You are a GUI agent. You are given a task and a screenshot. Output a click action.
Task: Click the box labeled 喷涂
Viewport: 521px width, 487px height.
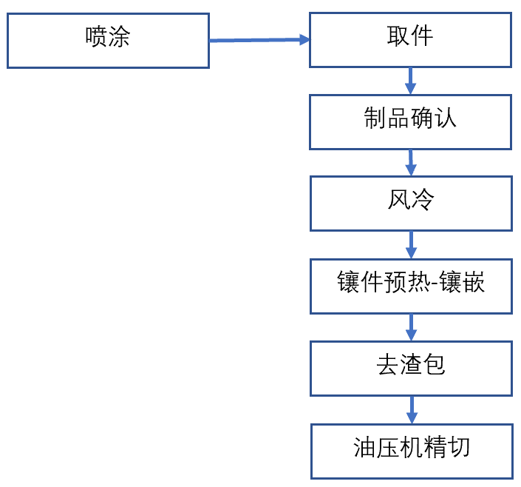coord(108,41)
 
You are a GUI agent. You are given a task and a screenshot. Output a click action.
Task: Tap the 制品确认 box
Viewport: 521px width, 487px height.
coord(410,121)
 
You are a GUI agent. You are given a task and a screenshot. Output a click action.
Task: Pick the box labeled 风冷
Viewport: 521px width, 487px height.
coord(410,203)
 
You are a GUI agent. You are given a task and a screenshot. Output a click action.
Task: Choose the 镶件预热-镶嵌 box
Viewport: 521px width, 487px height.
coord(411,285)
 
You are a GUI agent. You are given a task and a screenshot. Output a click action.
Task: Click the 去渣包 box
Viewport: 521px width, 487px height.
coord(411,368)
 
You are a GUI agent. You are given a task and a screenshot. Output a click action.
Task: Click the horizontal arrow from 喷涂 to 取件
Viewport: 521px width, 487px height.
coord(259,41)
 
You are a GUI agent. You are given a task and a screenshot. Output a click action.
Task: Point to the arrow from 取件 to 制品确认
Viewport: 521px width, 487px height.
coord(411,81)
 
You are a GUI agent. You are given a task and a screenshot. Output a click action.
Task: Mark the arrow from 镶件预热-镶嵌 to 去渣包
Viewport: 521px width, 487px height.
coord(412,326)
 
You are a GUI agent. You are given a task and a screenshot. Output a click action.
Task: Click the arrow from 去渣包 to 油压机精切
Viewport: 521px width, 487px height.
coord(412,409)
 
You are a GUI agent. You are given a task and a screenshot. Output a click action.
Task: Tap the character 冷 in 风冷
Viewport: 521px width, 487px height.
coord(422,201)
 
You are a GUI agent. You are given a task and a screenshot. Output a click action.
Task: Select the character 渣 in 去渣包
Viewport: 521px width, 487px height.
coord(411,366)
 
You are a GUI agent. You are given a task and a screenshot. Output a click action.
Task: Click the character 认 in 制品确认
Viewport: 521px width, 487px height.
coord(446,119)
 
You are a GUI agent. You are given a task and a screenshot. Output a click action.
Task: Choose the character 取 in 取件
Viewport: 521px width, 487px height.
coord(398,36)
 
